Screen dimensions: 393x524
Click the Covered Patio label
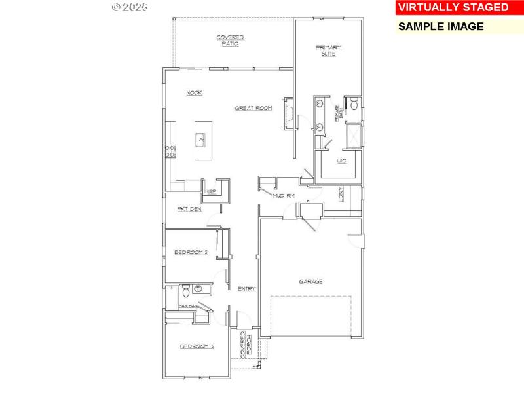pyautogui.click(x=230, y=41)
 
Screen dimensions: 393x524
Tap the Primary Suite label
pyautogui.click(x=329, y=50)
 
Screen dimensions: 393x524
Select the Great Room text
pyautogui.click(x=253, y=108)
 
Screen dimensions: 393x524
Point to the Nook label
pyautogui.click(x=194, y=93)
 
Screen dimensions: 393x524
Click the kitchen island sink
pyautogui.click(x=201, y=139)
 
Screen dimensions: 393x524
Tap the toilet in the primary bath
pyautogui.click(x=352, y=103)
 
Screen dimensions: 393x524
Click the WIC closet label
pyautogui.click(x=341, y=160)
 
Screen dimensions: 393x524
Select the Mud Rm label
pyautogui.click(x=284, y=195)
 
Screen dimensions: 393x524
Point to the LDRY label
pyautogui.click(x=341, y=195)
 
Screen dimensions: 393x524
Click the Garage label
pyautogui.click(x=310, y=282)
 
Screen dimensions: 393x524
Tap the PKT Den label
pyautogui.click(x=189, y=209)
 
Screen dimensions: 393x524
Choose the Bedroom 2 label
pyautogui.click(x=191, y=252)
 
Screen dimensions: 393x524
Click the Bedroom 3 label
pyautogui.click(x=196, y=346)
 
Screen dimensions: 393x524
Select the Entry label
pyautogui.click(x=246, y=289)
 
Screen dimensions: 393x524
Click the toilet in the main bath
pyautogui.click(x=185, y=290)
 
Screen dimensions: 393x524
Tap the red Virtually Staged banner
pyautogui.click(x=451, y=8)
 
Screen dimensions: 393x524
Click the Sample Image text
pyautogui.click(x=441, y=27)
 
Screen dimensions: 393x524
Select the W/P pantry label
pyautogui.click(x=212, y=192)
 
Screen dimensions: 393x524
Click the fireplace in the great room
pyautogui.click(x=286, y=115)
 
